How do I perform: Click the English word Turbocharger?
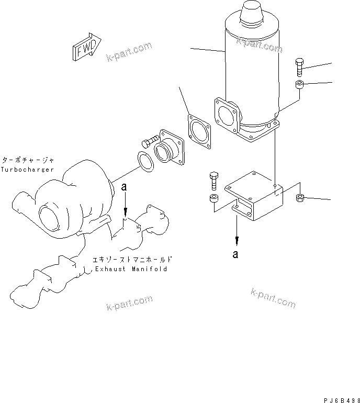click(x=27, y=169)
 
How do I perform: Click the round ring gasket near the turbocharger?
click(x=146, y=161)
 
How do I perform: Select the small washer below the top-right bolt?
click(x=299, y=85)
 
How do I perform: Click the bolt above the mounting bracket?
click(x=213, y=181)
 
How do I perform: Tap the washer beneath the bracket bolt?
click(x=213, y=199)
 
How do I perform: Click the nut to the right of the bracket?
click(x=301, y=198)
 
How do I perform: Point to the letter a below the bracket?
click(x=237, y=254)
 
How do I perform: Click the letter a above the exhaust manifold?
click(x=124, y=186)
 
